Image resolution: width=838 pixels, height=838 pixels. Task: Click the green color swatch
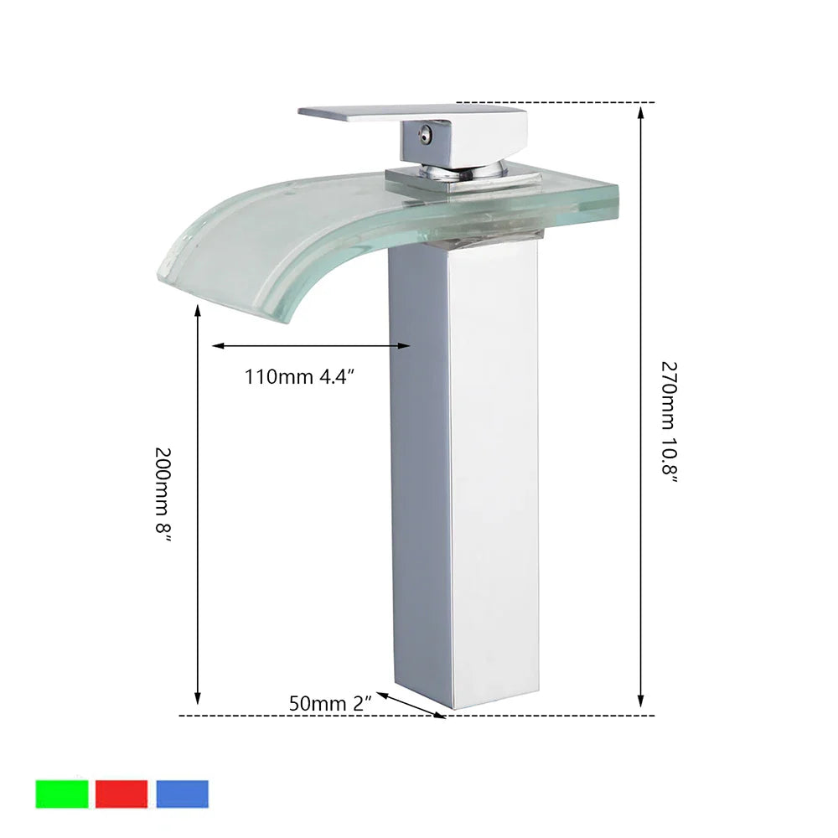(x=62, y=794)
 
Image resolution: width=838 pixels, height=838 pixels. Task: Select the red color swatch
(x=122, y=794)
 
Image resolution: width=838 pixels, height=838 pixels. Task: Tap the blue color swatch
(x=182, y=794)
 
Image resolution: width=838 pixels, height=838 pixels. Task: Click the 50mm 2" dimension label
(x=330, y=703)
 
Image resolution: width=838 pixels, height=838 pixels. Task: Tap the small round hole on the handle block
(x=426, y=132)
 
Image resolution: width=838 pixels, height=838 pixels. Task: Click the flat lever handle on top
(x=377, y=113)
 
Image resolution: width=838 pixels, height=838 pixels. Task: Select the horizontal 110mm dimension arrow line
(x=311, y=345)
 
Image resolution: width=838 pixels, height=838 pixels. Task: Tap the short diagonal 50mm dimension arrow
(x=410, y=705)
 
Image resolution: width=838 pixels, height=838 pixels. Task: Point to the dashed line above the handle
(x=587, y=102)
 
